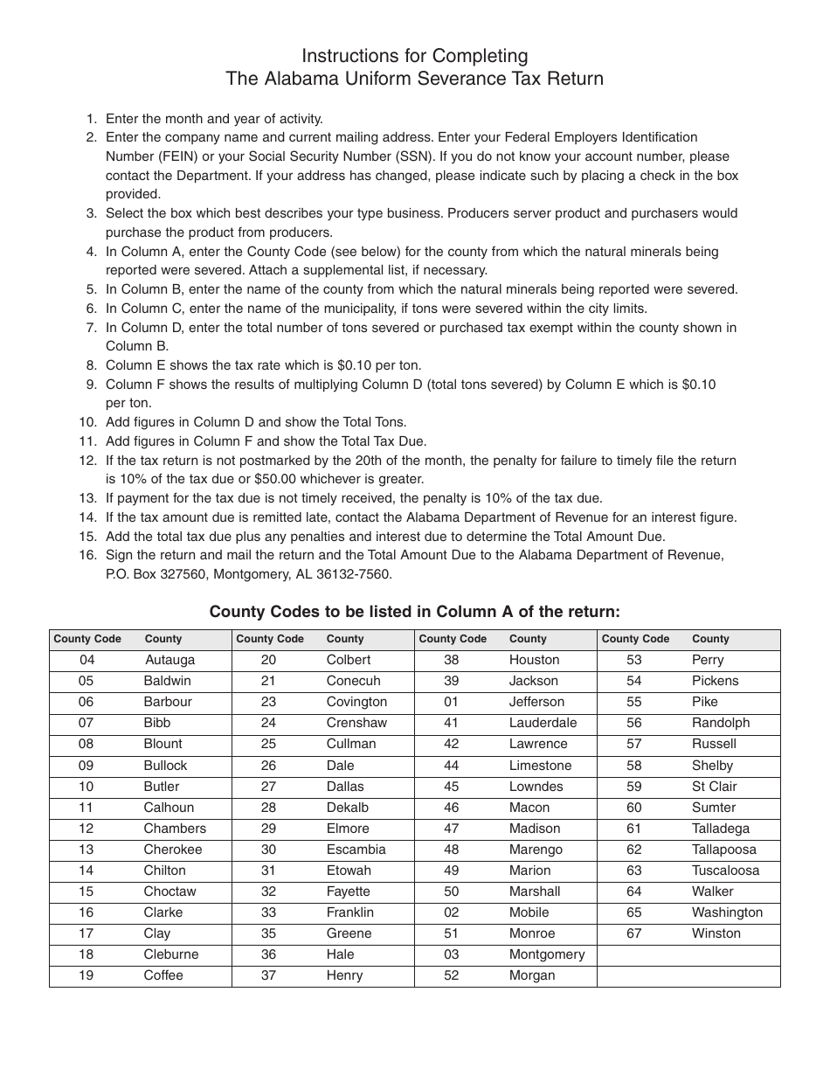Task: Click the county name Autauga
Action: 169,660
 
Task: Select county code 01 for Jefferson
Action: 451,702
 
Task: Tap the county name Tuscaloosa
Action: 725,870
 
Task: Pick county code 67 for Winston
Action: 633,933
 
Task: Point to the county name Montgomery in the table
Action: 547,954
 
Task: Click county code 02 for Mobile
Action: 451,912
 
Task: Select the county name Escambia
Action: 356,850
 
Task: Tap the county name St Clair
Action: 714,787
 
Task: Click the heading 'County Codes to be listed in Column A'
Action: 414,612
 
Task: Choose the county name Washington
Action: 727,912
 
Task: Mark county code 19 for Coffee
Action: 86,975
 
